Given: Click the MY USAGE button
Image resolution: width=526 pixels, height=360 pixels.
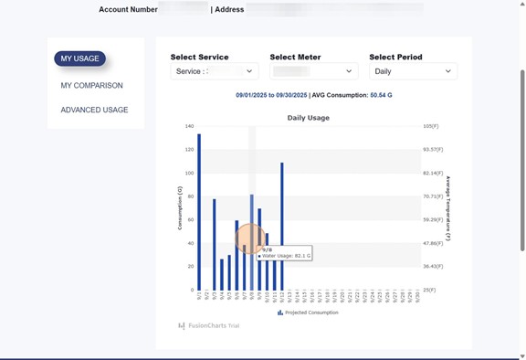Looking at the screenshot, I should click(x=79, y=59).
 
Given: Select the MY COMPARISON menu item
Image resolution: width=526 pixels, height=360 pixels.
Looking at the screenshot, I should click(x=91, y=86).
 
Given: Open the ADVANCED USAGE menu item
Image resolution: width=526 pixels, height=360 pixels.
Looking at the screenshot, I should click(x=94, y=110).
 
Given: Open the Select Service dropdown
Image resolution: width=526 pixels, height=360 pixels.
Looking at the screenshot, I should click(x=215, y=71).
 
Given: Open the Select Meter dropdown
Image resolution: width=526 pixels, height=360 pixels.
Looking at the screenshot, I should click(x=313, y=71).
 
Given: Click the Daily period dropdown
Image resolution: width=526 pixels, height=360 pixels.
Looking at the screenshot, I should click(x=413, y=71).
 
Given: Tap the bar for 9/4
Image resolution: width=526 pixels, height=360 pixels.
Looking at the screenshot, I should click(x=222, y=274).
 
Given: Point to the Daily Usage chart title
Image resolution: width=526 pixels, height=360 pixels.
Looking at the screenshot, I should click(x=308, y=118).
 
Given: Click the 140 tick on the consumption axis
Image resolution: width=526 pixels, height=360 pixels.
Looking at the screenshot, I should click(x=189, y=126).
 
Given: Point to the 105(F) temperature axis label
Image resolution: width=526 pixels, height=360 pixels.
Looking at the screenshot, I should click(x=432, y=126).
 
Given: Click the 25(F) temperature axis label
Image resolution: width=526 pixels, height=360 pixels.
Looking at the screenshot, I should click(x=432, y=290).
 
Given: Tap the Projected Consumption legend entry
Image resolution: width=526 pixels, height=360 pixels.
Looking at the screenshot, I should click(x=308, y=312).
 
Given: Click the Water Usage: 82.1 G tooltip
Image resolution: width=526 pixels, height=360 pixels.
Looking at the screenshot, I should click(x=285, y=256).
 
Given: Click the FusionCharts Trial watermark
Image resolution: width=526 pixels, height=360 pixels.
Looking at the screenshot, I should click(x=209, y=325).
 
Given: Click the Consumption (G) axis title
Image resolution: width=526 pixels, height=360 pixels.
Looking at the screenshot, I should click(x=180, y=206).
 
